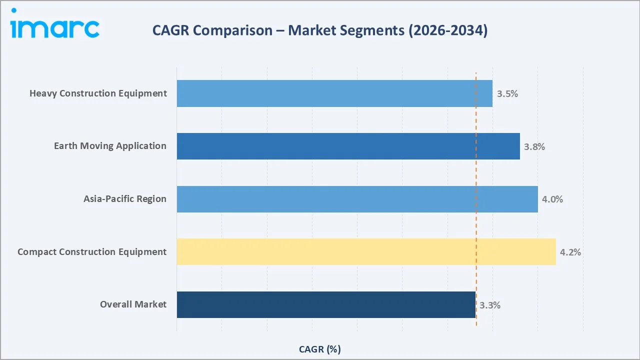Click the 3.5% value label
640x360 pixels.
507,94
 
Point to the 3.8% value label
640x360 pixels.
534,147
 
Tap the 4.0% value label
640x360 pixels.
552,199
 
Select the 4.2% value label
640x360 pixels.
570,252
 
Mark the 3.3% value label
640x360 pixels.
490,305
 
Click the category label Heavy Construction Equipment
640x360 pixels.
98,93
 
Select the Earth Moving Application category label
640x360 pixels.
110,146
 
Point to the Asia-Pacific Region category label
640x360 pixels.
125,199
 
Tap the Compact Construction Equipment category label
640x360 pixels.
92,251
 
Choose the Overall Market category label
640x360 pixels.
133,304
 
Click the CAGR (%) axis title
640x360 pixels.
320,349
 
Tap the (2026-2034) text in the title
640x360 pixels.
447,30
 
